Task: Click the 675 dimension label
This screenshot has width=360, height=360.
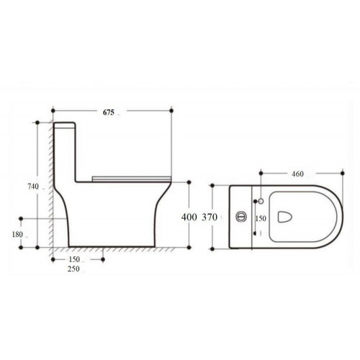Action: click(x=109, y=112)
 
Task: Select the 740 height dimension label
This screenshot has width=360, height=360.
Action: click(x=33, y=186)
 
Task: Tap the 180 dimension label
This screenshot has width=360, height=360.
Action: click(x=17, y=235)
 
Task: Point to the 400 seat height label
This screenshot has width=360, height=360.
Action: click(x=189, y=217)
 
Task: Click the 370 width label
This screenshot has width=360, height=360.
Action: click(x=210, y=217)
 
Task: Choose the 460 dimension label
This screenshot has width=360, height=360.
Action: click(x=297, y=174)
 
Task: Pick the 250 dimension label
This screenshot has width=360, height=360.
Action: click(x=73, y=269)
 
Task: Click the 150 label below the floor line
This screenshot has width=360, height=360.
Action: click(x=74, y=259)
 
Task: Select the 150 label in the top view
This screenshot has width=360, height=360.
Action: click(x=261, y=218)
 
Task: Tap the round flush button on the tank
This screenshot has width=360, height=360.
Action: click(x=241, y=217)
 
